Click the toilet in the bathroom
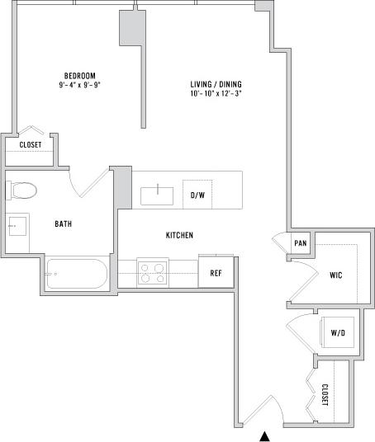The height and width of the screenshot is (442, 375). click(24, 190)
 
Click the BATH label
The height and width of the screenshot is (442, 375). click(63, 223)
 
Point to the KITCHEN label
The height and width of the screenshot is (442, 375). click(179, 236)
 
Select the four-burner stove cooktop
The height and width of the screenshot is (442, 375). click(152, 272)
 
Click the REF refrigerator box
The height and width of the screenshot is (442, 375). click(215, 272)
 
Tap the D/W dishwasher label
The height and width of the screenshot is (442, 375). click(197, 195)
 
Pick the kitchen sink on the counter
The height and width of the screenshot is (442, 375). click(157, 195)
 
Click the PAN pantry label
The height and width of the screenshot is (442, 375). click(301, 243)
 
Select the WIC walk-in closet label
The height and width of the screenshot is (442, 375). click(335, 275)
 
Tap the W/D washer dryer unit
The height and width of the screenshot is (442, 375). click(337, 333)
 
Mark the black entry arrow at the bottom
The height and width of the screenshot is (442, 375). click(265, 435)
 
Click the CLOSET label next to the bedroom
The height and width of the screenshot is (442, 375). click(31, 145)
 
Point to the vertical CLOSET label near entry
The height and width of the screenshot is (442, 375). click(325, 395)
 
